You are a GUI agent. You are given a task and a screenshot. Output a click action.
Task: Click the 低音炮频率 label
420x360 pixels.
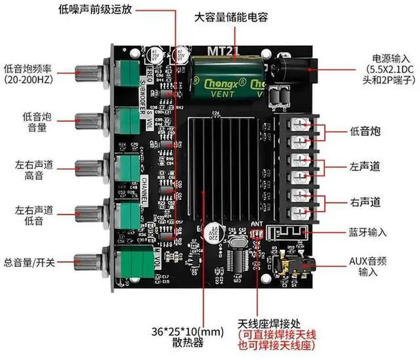coord(31,73)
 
